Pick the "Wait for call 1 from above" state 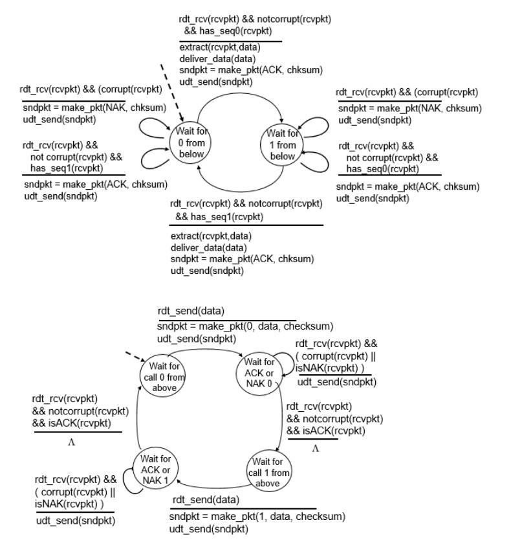click(269, 472)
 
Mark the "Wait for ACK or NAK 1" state click(155, 466)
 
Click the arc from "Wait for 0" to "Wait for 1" click(239, 93)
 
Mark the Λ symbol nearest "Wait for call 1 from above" click(316, 449)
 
